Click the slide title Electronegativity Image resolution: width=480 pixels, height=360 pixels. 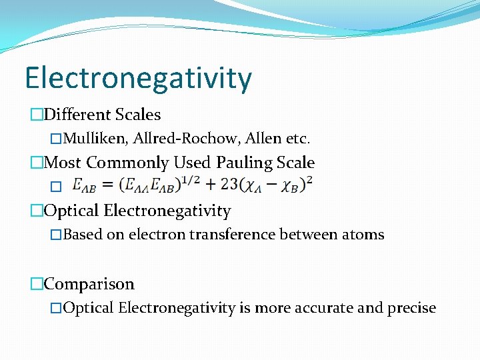138,79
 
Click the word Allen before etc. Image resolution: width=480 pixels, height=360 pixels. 265,139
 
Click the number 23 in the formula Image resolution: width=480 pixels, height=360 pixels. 231,185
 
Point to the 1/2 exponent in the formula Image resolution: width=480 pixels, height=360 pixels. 190,180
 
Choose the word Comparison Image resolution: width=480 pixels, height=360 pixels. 89,284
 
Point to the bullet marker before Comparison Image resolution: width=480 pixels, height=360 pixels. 37,285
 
